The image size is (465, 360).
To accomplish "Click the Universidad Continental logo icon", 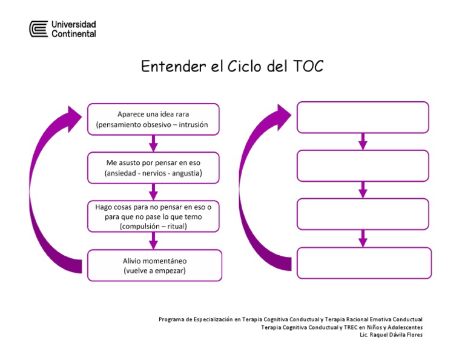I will tap(39, 28).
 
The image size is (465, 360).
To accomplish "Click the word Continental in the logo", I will tap(73, 34).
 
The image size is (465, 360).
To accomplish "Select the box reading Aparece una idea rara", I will tap(153, 119).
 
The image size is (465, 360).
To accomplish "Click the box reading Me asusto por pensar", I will tap(153, 168).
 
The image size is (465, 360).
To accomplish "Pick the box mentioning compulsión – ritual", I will tap(153, 216).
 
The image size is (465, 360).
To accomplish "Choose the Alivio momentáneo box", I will tap(154, 265).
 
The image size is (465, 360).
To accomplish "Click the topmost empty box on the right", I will tap(362, 117).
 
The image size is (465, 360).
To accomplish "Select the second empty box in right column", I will tap(362, 165).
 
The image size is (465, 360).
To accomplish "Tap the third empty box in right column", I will tap(362, 214).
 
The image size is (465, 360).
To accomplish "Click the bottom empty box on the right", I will tap(363, 262).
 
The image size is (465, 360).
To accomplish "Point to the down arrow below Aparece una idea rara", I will tap(153, 144).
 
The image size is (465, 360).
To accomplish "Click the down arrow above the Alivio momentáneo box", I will tap(153, 241).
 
